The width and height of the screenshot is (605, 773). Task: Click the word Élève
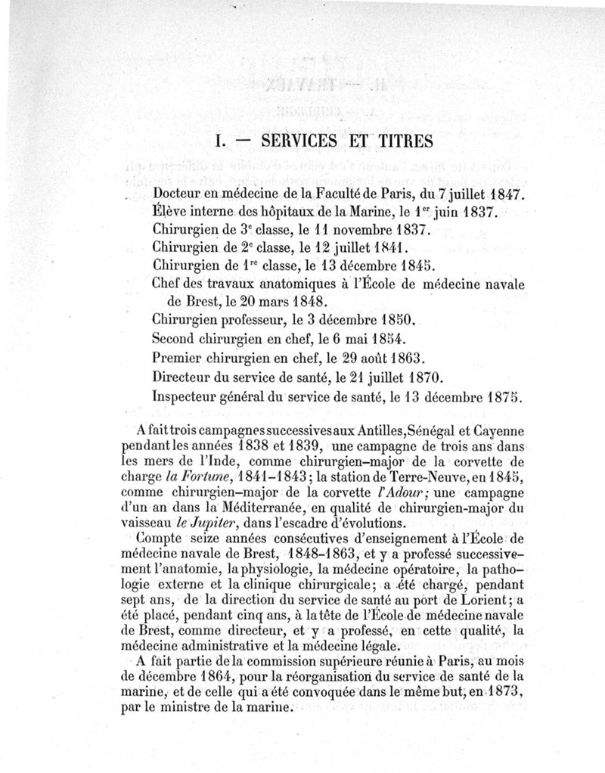click(x=169, y=213)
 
